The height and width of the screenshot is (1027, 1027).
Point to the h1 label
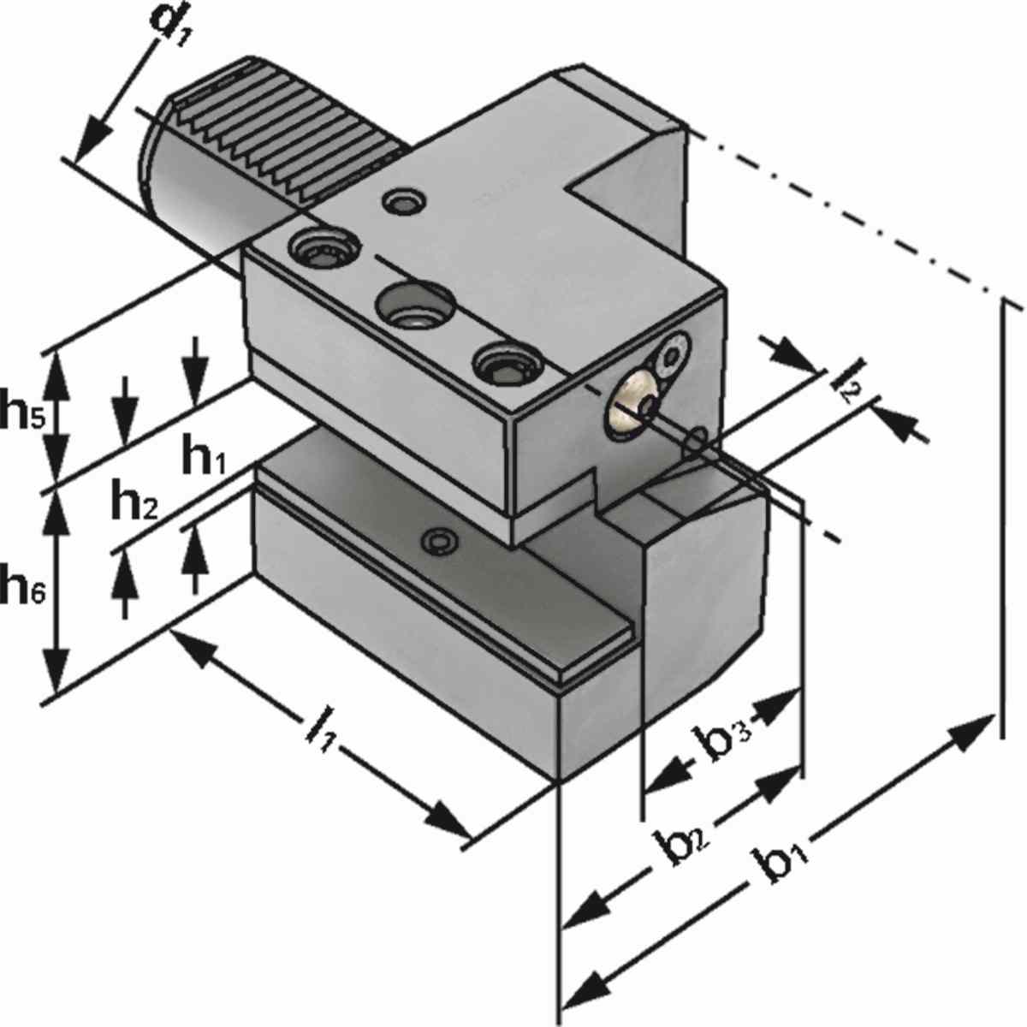203,460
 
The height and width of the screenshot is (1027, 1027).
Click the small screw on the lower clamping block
442,541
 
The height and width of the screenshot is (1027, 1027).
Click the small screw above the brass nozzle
674,352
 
